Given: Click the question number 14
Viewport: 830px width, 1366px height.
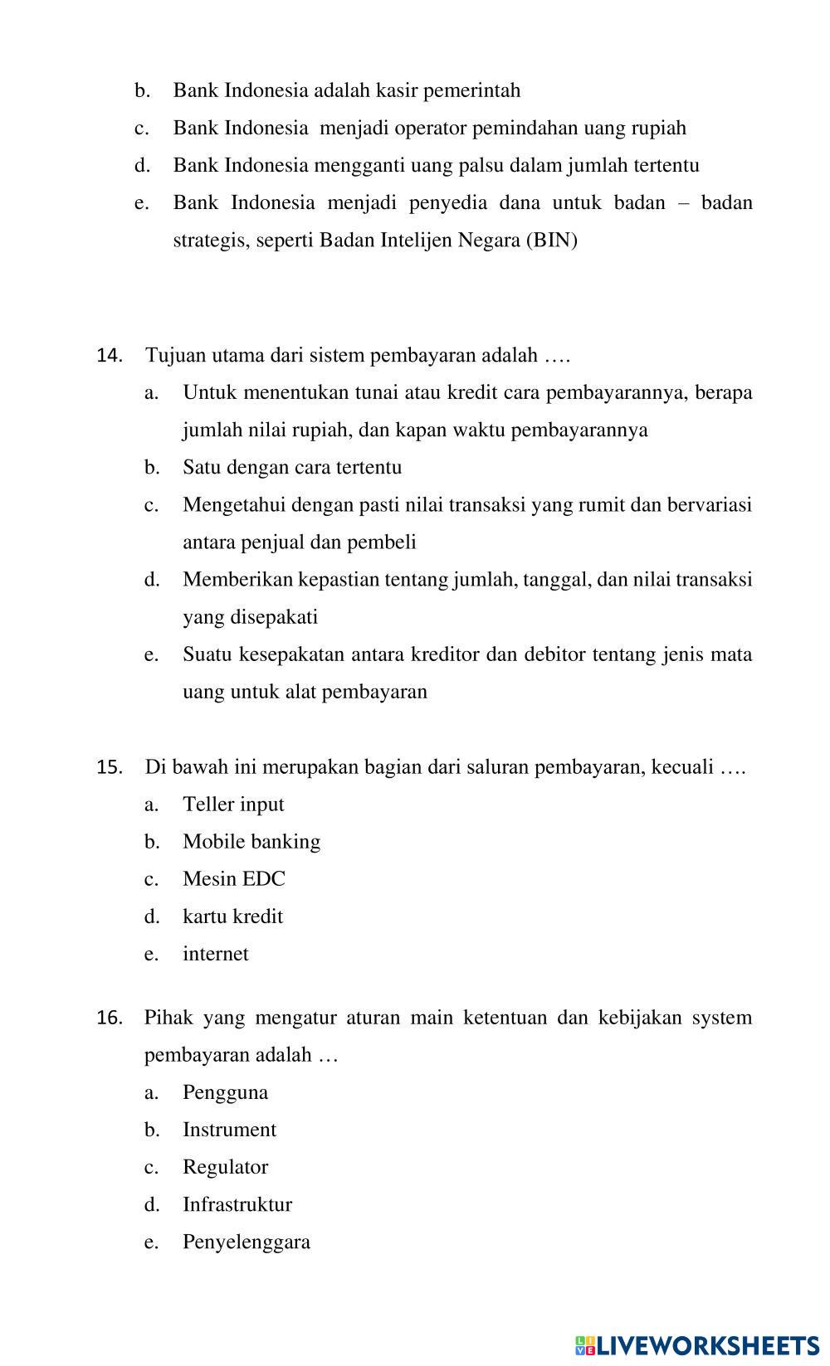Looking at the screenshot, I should [110, 356].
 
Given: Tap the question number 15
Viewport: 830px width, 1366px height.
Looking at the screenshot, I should [110, 767].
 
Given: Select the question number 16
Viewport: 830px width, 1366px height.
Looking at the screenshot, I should [110, 1018].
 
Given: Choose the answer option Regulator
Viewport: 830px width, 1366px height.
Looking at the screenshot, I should [225, 1167].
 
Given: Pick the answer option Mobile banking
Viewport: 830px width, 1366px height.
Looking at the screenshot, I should [251, 842].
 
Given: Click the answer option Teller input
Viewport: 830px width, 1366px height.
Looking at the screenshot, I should [233, 805].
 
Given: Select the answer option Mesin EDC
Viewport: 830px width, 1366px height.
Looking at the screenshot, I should [233, 879].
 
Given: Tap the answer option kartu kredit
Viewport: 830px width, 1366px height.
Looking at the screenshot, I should [232, 916].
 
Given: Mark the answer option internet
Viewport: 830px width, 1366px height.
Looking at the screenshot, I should [215, 954].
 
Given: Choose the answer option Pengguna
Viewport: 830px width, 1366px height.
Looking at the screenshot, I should [225, 1092].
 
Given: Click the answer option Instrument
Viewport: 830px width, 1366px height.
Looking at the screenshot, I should [229, 1130].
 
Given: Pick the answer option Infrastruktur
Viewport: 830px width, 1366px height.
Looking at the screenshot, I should [237, 1204].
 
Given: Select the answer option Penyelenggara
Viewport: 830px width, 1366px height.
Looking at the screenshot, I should [247, 1242].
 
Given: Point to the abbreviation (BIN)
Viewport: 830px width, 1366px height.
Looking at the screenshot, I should [551, 241].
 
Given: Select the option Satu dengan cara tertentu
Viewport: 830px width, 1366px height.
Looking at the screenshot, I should [292, 467].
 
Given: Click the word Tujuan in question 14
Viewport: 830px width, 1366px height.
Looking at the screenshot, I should [172, 356].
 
